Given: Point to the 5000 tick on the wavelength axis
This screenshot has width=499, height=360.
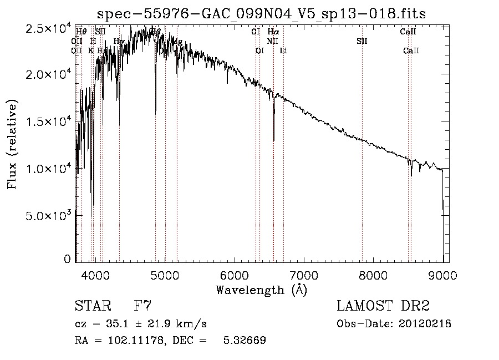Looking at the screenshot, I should [165, 275].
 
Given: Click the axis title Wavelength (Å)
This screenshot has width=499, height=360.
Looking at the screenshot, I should [261, 290].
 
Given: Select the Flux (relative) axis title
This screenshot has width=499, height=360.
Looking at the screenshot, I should [12, 144].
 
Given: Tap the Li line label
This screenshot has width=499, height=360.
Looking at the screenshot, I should [283, 51].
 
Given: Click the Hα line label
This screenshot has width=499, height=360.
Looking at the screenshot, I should [273, 32].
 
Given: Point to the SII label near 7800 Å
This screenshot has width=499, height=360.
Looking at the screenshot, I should [361, 41].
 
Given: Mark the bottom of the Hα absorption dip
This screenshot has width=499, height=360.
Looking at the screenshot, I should [273, 140].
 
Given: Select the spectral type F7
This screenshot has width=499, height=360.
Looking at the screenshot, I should [143, 306].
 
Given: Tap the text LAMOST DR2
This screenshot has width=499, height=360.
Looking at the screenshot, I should [383, 306].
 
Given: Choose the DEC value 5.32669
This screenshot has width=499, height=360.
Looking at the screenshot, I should [244, 341].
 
